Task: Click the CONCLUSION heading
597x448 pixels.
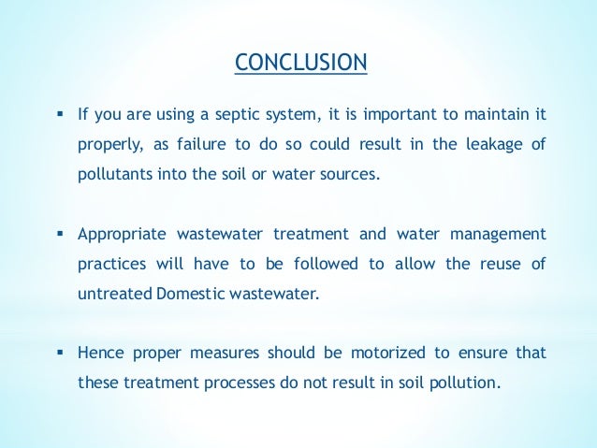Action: coord(300,63)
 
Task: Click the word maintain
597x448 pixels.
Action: coord(490,116)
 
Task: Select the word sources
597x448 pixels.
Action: coord(352,175)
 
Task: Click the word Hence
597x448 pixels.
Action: coord(98,354)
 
